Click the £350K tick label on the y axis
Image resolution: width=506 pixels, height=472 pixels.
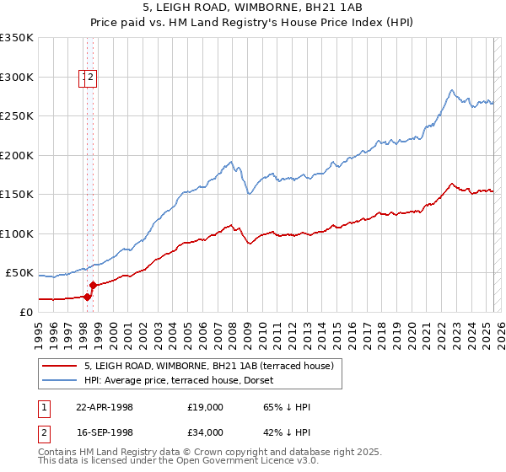(x=17, y=38)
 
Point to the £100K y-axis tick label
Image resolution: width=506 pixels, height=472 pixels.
(x=17, y=233)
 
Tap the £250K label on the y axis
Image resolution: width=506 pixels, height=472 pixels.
(x=17, y=116)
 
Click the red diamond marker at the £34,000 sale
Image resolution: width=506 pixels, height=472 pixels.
(x=93, y=285)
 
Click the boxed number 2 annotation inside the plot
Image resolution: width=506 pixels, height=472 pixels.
(x=92, y=78)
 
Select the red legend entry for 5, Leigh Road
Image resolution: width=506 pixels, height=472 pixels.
(x=209, y=366)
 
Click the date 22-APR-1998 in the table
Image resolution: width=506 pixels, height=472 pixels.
(x=105, y=407)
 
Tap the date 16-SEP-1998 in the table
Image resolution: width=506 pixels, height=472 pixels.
(x=105, y=432)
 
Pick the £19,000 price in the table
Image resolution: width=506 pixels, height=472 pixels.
(x=206, y=407)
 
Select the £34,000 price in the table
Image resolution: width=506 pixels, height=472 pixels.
(x=206, y=432)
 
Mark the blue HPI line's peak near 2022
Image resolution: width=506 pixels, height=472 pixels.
(x=452, y=89)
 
